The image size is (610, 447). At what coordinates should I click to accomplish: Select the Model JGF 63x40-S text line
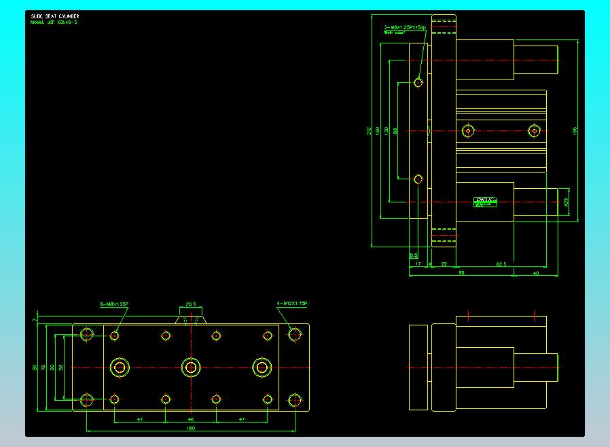pos(53,22)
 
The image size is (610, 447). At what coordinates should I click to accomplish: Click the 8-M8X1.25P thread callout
pos(114,304)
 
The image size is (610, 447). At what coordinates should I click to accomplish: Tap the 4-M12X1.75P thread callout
pos(292,303)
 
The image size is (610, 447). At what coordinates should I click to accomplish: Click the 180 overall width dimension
pos(191,428)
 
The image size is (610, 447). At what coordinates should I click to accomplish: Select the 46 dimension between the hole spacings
pos(191,420)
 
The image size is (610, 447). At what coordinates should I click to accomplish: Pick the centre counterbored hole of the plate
pos(191,368)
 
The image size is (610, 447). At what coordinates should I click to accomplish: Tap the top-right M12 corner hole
pos(294,334)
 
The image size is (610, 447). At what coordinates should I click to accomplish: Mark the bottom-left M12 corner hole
pos(87,400)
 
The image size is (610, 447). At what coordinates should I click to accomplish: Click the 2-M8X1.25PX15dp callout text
pos(404,28)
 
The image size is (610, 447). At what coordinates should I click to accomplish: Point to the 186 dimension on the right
pos(575,130)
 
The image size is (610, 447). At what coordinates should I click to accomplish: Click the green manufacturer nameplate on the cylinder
pos(486,201)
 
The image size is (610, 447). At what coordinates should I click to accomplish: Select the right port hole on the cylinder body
pos(535,130)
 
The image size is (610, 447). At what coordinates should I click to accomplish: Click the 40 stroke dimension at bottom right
pos(536,272)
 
